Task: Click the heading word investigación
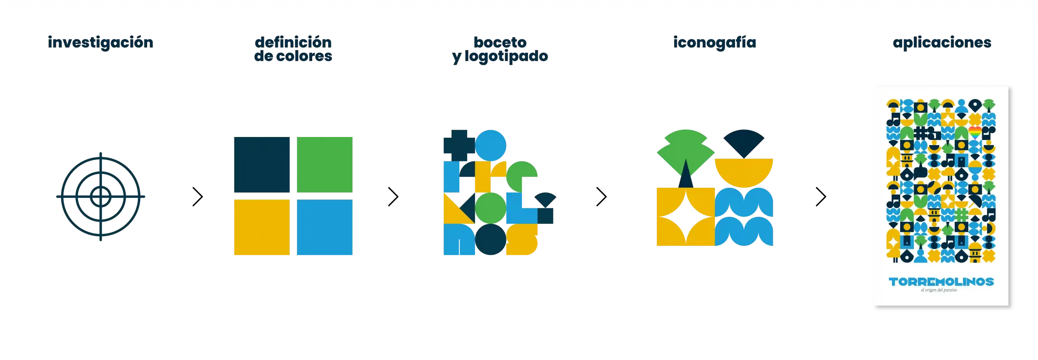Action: point(101,43)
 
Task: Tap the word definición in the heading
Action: point(293,42)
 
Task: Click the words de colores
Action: point(293,56)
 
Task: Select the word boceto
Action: point(500,42)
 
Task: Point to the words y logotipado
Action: point(500,57)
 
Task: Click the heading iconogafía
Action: point(714,43)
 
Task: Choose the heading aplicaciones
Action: point(941,43)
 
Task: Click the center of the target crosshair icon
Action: point(101,197)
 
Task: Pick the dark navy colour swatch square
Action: point(262,165)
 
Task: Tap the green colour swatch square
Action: point(324,165)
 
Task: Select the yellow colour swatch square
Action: point(262,227)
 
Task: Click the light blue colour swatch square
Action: point(324,227)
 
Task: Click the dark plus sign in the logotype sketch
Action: point(459,145)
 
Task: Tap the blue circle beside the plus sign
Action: point(491,145)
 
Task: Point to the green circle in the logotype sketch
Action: point(490,208)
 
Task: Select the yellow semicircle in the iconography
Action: point(744,170)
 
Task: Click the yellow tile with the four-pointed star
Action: point(685,216)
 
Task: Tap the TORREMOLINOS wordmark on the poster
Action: point(941,281)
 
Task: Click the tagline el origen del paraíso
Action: point(939,290)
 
